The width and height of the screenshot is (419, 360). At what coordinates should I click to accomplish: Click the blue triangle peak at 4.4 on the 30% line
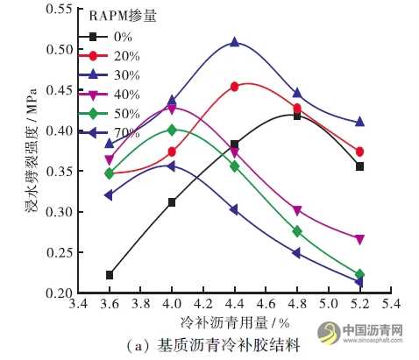coord(235,42)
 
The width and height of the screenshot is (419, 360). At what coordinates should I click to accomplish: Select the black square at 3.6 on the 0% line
coord(110,275)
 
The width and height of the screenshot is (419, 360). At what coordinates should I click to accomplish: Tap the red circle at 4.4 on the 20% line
coord(235,87)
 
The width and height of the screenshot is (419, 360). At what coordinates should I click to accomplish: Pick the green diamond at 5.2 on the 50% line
coord(359,274)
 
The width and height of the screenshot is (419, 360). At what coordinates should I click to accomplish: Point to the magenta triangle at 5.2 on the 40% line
coord(359,239)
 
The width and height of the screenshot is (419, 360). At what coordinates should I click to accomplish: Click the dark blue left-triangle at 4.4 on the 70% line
coord(235,209)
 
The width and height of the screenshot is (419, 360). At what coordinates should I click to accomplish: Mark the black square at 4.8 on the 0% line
coord(297,116)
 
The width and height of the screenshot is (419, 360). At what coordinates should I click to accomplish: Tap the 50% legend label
coord(120,113)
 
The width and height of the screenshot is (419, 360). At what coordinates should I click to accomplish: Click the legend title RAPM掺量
coord(124,17)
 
